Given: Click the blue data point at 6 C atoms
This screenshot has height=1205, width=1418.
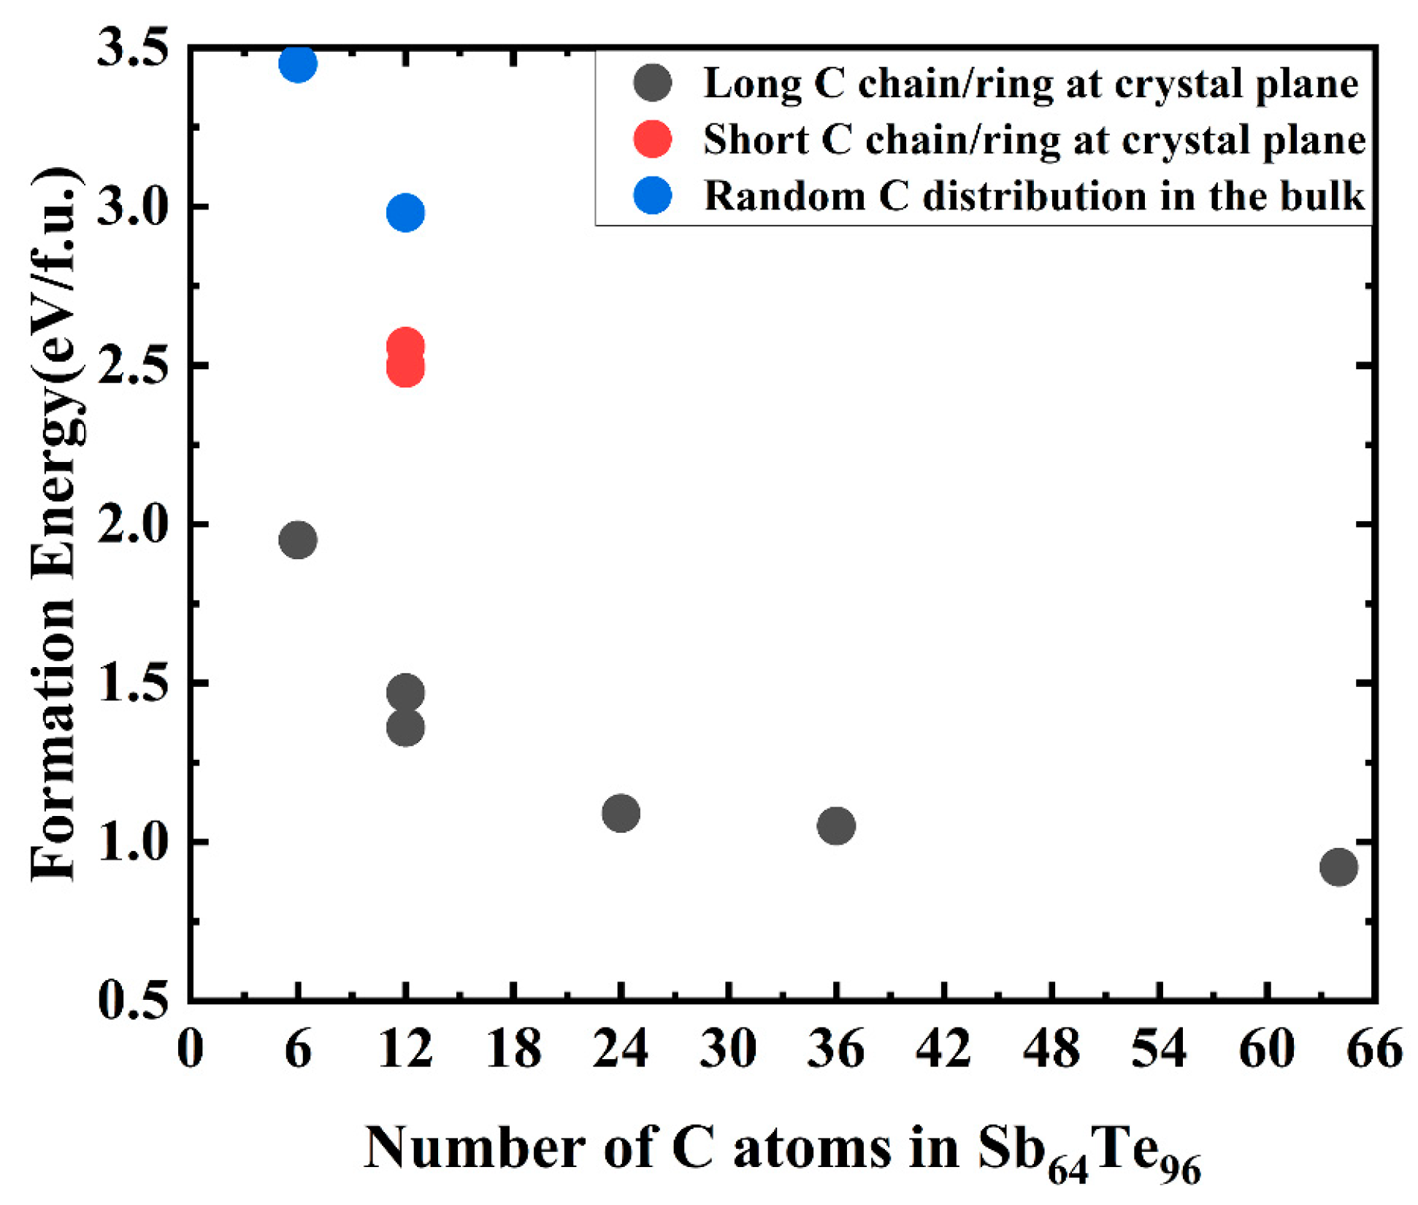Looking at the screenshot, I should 298,63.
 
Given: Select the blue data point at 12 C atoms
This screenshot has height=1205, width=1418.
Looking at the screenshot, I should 405,212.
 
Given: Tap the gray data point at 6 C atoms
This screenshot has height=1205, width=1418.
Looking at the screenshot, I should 298,540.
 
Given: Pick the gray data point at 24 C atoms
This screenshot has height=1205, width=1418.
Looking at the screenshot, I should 621,812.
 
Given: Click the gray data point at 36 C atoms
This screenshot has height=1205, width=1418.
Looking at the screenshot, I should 836,825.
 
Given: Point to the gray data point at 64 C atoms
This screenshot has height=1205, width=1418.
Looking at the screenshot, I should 1338,867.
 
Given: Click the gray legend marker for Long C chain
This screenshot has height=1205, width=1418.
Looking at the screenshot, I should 652,83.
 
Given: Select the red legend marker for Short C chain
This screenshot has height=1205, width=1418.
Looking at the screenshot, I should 652,139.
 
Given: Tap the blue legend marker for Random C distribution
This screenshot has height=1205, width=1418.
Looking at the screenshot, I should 652,196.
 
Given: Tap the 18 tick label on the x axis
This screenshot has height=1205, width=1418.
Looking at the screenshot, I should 513,1049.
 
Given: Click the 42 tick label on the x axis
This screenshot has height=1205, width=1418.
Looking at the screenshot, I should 944,1049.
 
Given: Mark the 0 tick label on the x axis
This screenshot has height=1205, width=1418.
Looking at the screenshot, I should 191,1049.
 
